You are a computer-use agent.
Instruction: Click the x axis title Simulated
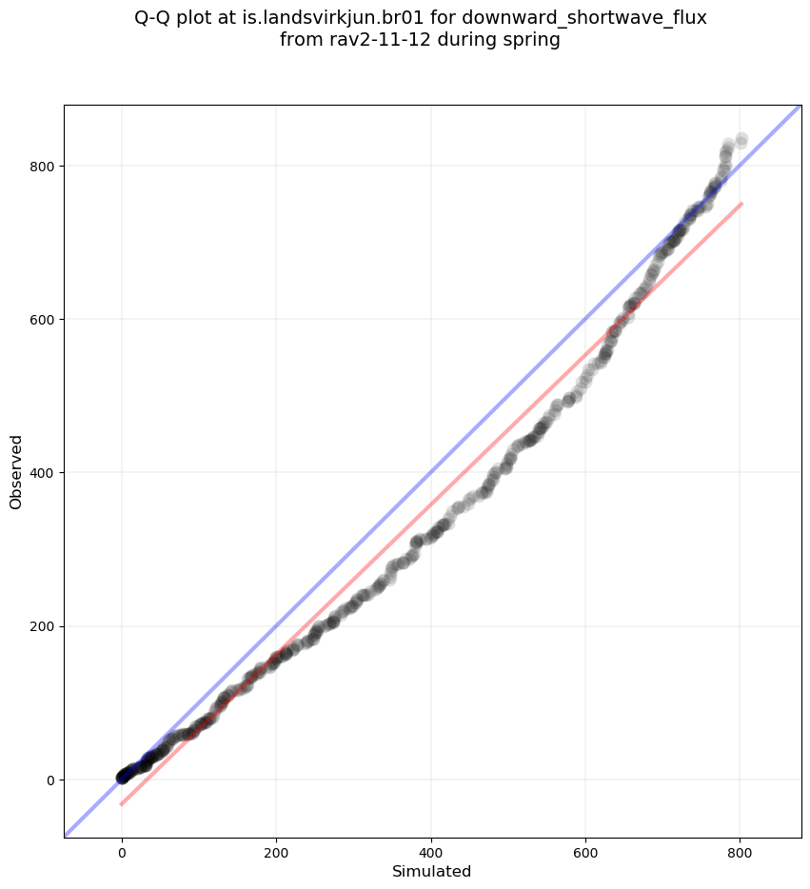click(x=433, y=871)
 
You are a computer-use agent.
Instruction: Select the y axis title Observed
click(x=16, y=471)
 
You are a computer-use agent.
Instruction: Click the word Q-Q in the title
click(x=155, y=18)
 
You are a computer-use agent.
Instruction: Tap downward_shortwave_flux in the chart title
click(x=584, y=18)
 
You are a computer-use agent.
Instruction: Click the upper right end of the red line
click(x=741, y=204)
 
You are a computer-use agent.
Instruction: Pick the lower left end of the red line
click(x=122, y=804)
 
